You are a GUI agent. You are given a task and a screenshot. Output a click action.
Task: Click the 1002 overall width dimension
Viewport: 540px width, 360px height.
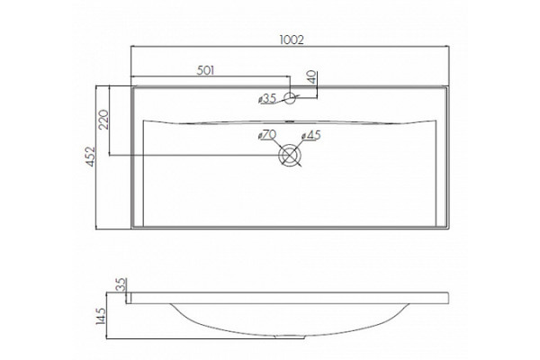click(x=292, y=40)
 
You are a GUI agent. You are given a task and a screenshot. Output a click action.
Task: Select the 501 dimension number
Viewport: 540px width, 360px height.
click(x=205, y=70)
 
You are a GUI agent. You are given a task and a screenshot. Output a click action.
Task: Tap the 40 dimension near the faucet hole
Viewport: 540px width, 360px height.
click(x=311, y=77)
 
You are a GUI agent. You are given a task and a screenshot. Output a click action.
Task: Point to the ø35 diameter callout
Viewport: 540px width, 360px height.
click(x=267, y=99)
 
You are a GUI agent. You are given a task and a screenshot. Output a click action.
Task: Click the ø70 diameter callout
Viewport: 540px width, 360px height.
click(x=267, y=135)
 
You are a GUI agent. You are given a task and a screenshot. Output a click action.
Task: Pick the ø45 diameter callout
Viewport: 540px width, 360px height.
click(x=311, y=135)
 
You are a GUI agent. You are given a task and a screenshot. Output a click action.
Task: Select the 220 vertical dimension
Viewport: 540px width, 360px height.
click(x=103, y=119)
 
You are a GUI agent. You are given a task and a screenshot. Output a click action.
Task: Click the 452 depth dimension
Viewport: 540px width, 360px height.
click(x=90, y=157)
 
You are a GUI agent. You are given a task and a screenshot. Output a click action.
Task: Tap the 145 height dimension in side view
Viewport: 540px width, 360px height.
click(x=101, y=316)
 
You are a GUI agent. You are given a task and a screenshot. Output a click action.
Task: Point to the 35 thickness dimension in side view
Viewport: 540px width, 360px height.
click(x=121, y=284)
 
